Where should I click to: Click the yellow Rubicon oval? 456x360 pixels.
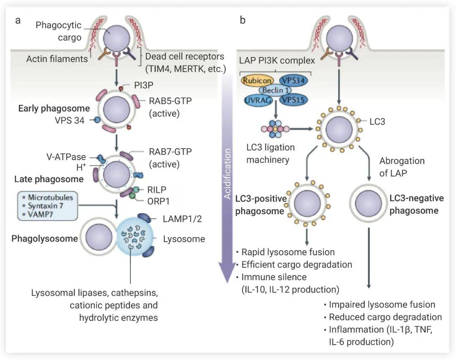click(256, 79)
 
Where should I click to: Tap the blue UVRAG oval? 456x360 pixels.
click(257, 100)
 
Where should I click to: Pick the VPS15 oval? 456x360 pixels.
click(294, 100)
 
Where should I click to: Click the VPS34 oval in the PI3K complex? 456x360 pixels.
click(294, 79)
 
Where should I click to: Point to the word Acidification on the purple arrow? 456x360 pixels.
click(228, 174)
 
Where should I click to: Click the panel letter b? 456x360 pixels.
click(243, 21)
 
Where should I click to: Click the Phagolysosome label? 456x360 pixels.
click(45, 239)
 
